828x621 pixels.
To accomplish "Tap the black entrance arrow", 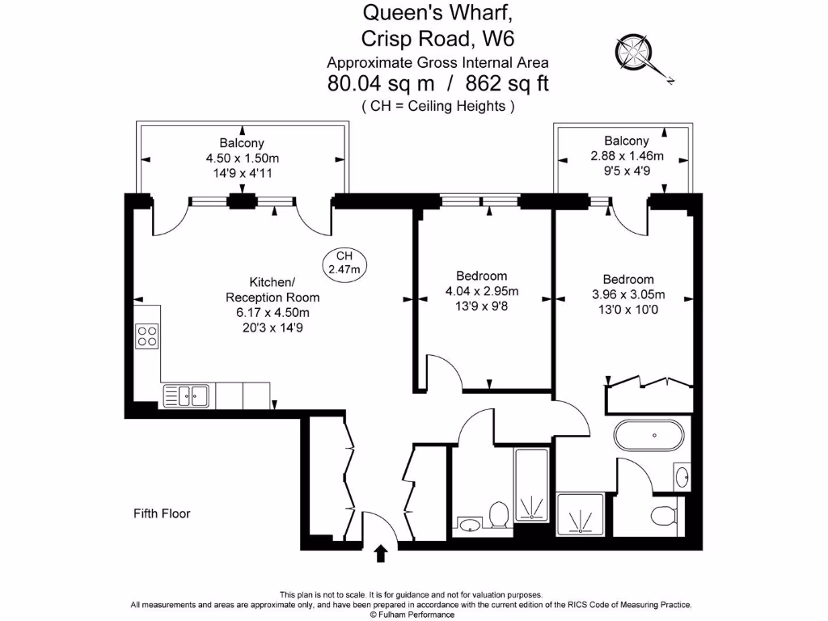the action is (x=381, y=553).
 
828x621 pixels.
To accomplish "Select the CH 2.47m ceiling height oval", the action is (x=344, y=264).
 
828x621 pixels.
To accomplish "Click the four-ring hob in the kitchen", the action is (x=147, y=336).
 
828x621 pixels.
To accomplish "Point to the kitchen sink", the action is (x=186, y=396).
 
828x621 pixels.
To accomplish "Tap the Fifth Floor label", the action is (x=162, y=513).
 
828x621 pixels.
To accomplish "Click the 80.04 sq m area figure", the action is (x=381, y=83).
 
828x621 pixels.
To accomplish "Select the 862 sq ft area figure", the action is (x=507, y=83).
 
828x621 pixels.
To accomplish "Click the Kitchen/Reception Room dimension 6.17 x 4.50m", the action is (x=272, y=313).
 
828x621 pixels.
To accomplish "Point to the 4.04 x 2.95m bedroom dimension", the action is (x=482, y=291).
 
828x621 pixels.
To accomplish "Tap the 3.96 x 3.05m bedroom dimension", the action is (x=627, y=294).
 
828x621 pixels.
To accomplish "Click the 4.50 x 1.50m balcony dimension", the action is (x=243, y=158).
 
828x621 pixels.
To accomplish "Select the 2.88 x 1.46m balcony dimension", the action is (x=627, y=156).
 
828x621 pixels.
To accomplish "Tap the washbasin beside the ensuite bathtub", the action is (x=682, y=477).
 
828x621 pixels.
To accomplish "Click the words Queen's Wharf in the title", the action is (x=437, y=13).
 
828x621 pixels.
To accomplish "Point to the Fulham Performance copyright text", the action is (x=412, y=615).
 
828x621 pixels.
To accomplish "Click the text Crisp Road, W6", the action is (x=437, y=39).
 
